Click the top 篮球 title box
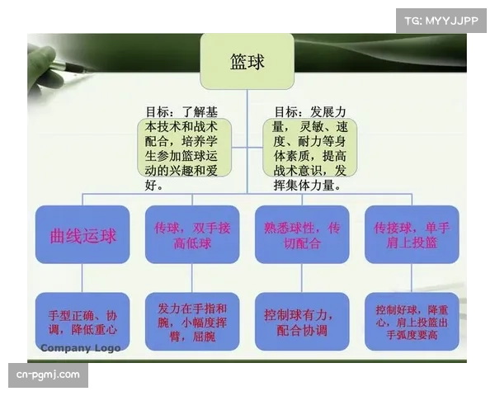pos(247,61)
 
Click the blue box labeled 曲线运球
pos(83,235)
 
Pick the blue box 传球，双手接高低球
pos(192,235)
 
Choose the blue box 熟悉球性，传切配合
pos(302,235)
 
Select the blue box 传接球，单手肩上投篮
pos(411,235)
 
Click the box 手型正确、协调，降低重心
pos(83,321)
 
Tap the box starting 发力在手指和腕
pos(192,321)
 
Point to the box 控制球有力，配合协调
pos(302,321)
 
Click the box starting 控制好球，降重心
pos(411,321)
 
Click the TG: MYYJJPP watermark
pos(441,20)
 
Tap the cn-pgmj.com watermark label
pos(49,375)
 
